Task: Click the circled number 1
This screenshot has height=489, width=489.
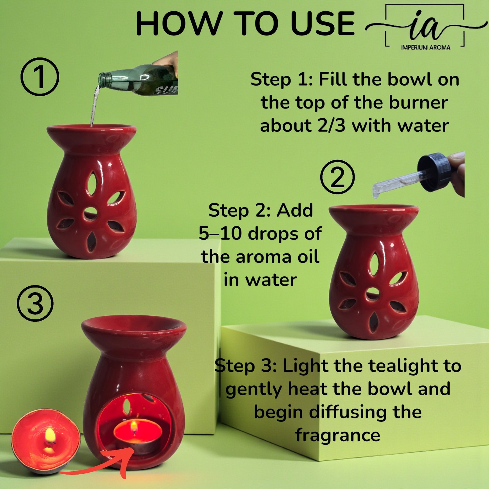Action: pyautogui.click(x=40, y=77)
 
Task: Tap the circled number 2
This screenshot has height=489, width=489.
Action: pyautogui.click(x=337, y=177)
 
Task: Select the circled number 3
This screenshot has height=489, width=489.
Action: pyautogui.click(x=35, y=303)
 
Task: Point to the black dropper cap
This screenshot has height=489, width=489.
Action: pyautogui.click(x=434, y=172)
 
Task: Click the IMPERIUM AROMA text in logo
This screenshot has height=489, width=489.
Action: pyautogui.click(x=425, y=47)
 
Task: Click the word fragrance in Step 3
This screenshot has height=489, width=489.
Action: pyautogui.click(x=338, y=435)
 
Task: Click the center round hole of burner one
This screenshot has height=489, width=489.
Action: pyautogui.click(x=90, y=213)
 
